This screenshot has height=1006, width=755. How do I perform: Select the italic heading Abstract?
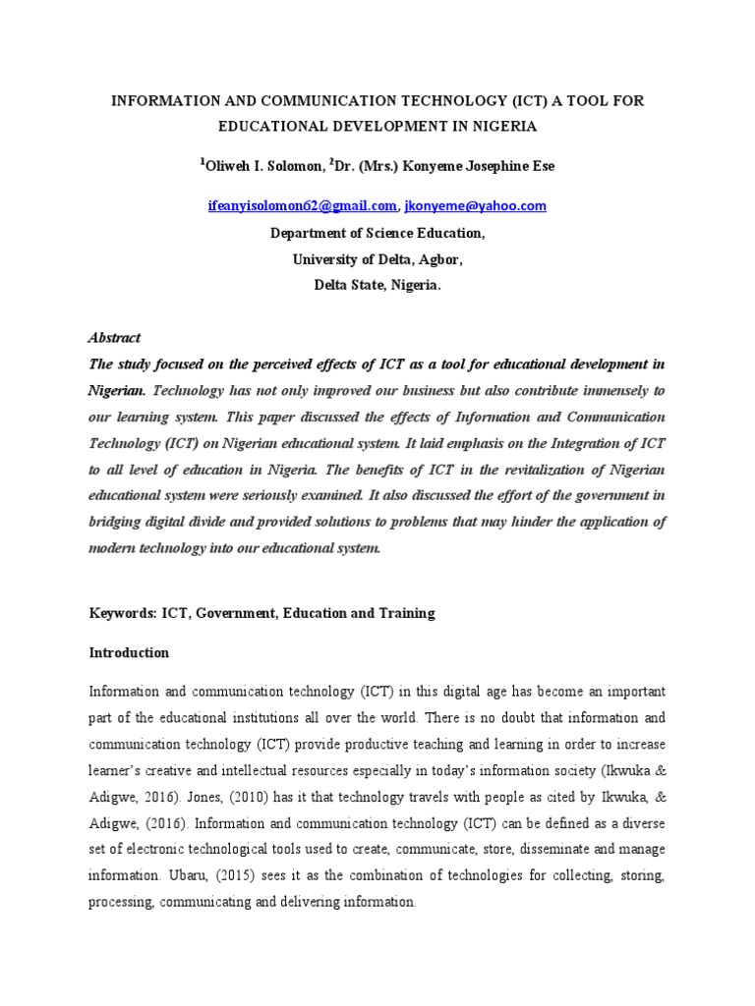pyautogui.click(x=115, y=337)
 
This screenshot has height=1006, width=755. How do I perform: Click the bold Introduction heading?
pyautogui.click(x=129, y=652)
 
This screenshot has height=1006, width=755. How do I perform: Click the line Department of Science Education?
pyautogui.click(x=377, y=234)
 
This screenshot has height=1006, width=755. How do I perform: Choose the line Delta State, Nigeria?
pyautogui.click(x=377, y=285)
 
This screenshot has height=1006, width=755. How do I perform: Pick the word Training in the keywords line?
pyautogui.click(x=406, y=613)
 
